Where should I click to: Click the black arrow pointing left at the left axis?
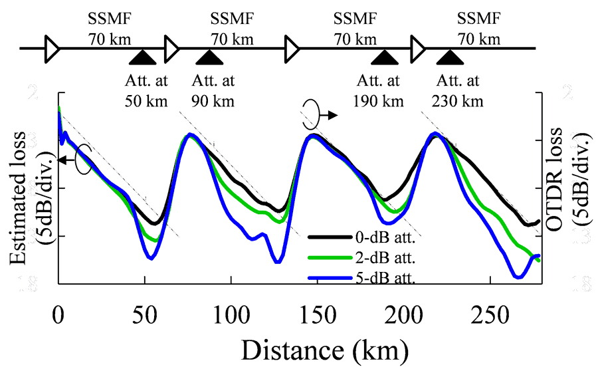click(65, 160)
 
